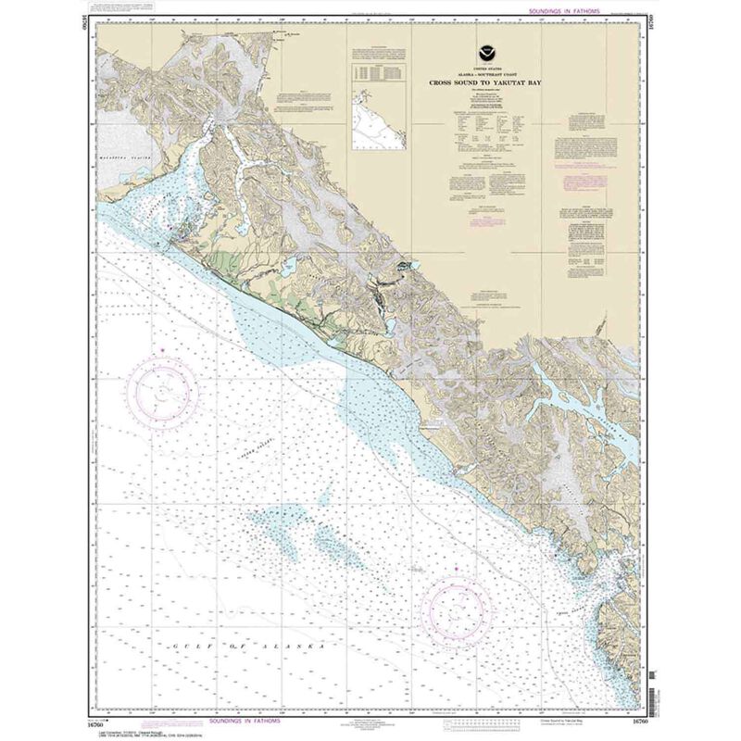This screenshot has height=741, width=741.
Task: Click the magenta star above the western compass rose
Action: click(161, 349)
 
